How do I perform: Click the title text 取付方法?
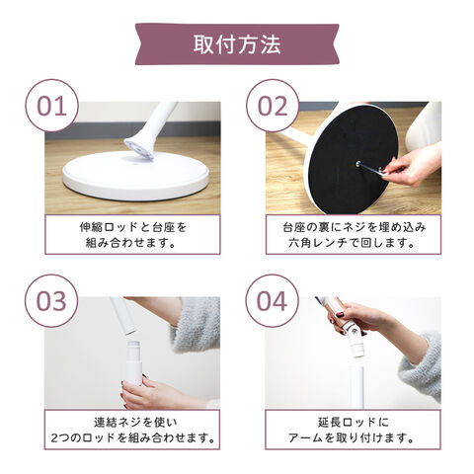pos(237,44)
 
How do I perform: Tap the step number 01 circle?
pos(52,106)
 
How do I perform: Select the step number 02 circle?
pos(273,106)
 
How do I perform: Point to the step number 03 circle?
pos(51,301)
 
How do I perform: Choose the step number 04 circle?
pos(273,301)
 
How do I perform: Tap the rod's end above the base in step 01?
pos(140,149)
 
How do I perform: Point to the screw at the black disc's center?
pos(357,162)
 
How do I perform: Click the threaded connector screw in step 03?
pos(133,350)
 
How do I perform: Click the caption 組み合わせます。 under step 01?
pos(130,243)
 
